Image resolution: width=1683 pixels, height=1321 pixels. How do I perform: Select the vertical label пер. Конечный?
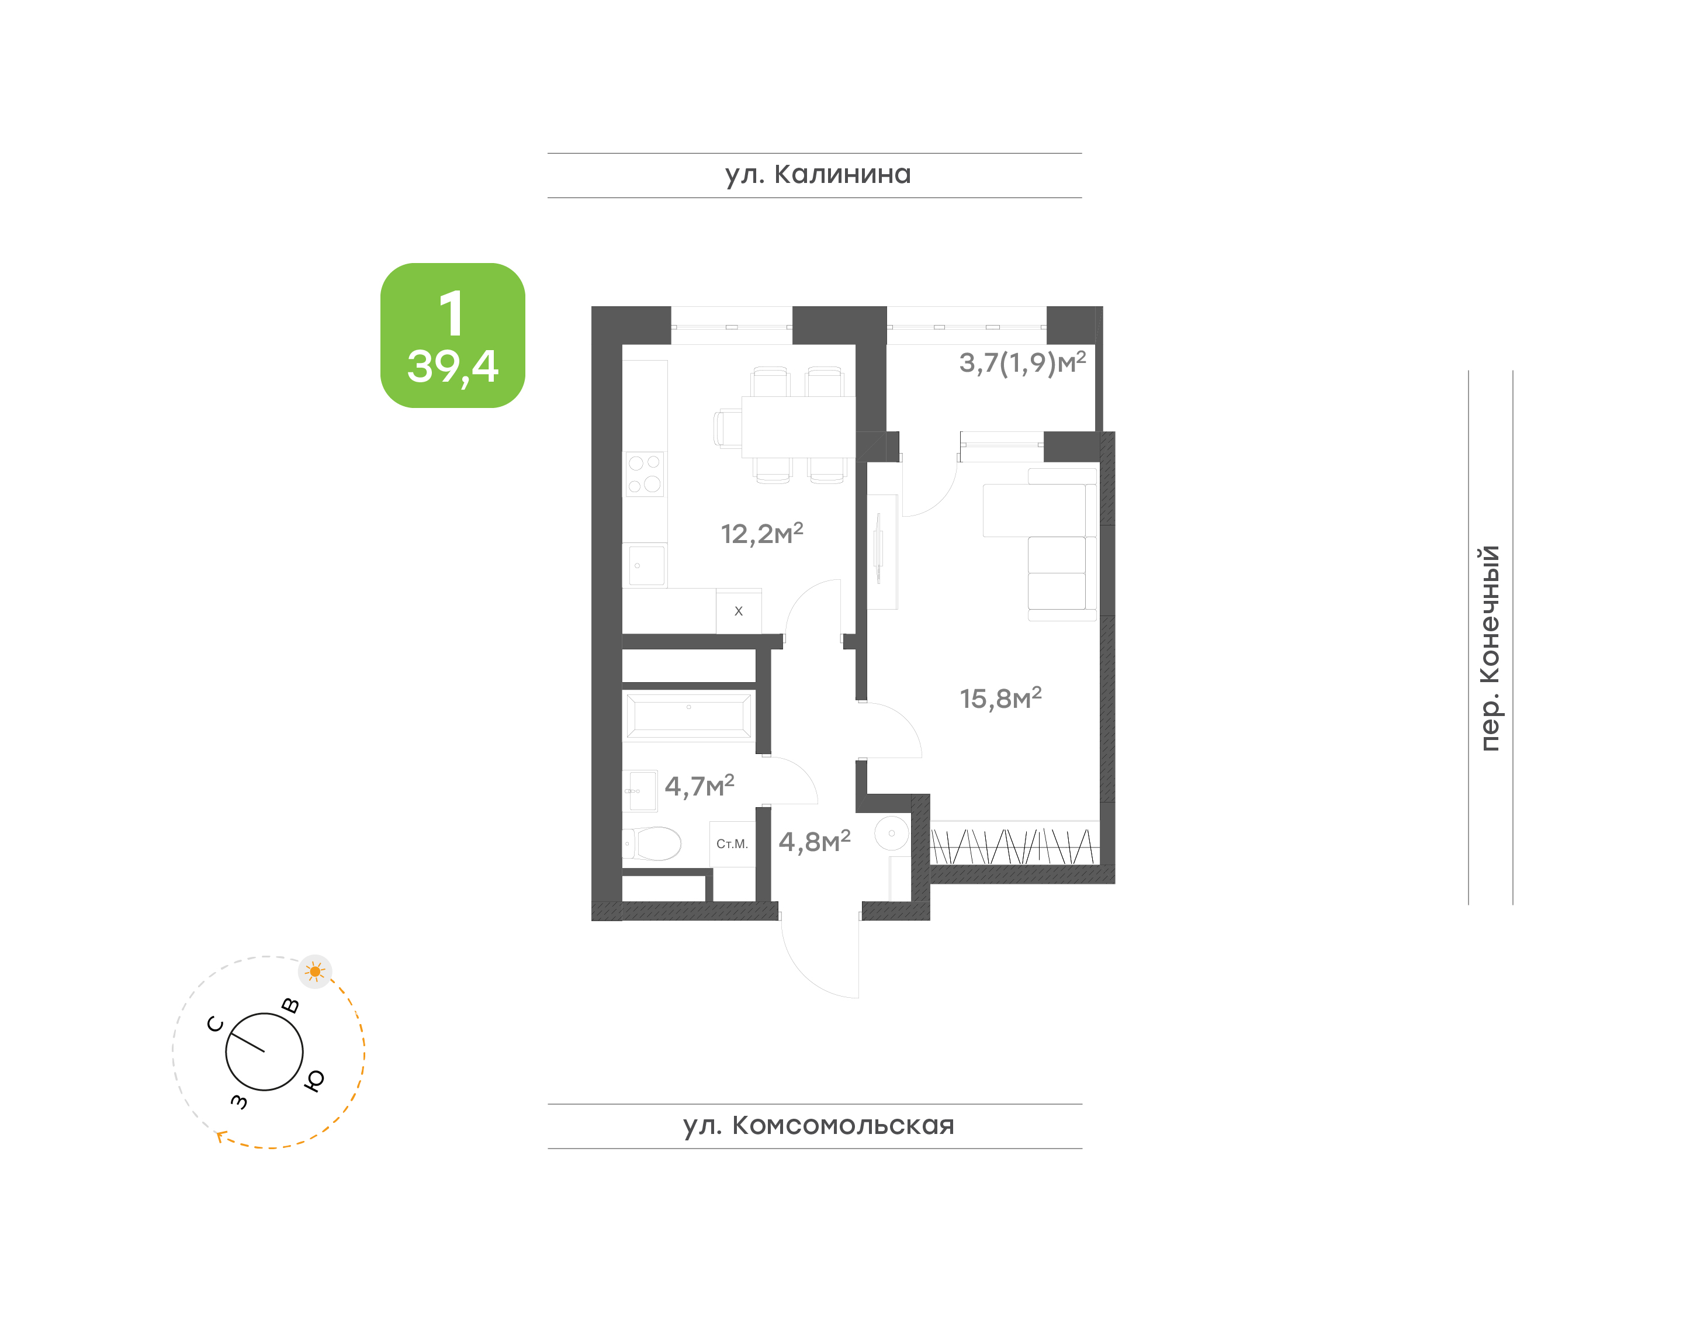(x=1489, y=648)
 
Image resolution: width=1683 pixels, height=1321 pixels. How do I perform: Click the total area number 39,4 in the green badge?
(x=453, y=366)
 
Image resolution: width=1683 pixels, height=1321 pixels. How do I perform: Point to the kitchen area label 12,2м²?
(x=761, y=533)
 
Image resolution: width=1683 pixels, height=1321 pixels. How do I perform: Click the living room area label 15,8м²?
(x=1000, y=698)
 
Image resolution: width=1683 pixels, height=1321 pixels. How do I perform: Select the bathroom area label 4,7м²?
(x=699, y=786)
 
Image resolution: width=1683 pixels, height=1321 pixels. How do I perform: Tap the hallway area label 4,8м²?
(x=814, y=842)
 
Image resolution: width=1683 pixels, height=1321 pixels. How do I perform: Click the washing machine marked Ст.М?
(x=732, y=844)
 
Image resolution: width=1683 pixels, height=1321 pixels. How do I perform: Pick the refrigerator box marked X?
(x=738, y=611)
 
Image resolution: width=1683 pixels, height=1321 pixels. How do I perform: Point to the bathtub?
(x=688, y=715)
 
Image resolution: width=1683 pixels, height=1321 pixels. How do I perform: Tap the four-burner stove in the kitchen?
(x=644, y=474)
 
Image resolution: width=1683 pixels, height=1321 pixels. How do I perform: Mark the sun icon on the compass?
(x=314, y=972)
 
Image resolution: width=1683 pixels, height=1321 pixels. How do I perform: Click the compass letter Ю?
(x=314, y=1080)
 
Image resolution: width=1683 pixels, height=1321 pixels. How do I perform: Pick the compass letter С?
(x=216, y=1025)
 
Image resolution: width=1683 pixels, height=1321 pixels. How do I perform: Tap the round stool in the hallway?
(x=891, y=834)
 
